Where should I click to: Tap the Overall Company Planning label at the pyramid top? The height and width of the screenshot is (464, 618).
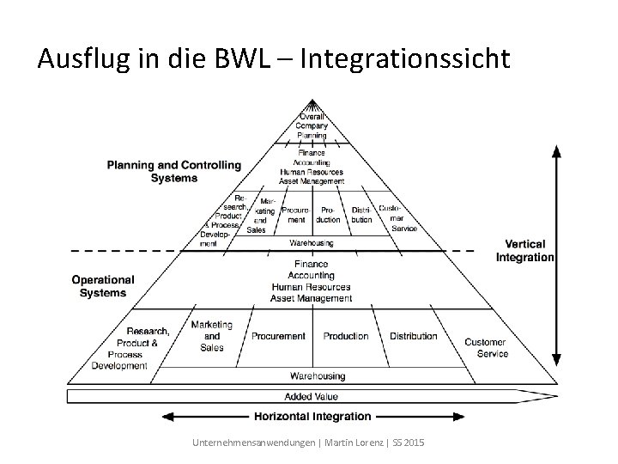coord(312,125)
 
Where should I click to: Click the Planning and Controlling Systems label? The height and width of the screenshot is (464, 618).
coord(174,172)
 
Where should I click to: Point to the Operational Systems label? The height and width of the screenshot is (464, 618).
coord(103,286)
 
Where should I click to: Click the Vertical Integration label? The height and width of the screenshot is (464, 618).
coord(524,251)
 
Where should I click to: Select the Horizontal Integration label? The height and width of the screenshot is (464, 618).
coord(312,417)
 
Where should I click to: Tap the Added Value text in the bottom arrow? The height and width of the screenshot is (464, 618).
coord(311,396)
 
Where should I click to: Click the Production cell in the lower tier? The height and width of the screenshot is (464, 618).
coord(346,336)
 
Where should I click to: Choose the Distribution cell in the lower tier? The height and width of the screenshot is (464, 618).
coord(414,336)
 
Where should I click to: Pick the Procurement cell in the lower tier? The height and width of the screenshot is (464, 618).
coord(278,336)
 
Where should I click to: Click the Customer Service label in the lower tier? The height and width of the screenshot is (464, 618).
coord(486,348)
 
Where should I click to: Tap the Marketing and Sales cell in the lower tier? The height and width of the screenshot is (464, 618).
coord(211,336)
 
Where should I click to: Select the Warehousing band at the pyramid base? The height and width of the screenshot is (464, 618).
coord(318,375)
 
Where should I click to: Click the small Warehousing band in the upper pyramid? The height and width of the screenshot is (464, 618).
coord(312,243)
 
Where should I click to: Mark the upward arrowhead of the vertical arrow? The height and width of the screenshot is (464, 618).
coord(557,151)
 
